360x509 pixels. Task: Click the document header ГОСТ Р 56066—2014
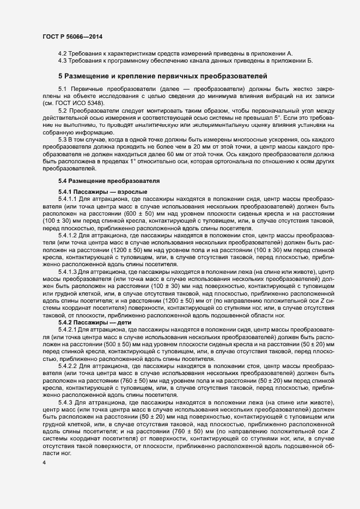tap(72, 36)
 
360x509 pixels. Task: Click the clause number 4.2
tap(63, 53)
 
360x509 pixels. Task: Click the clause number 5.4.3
tap(65, 402)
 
